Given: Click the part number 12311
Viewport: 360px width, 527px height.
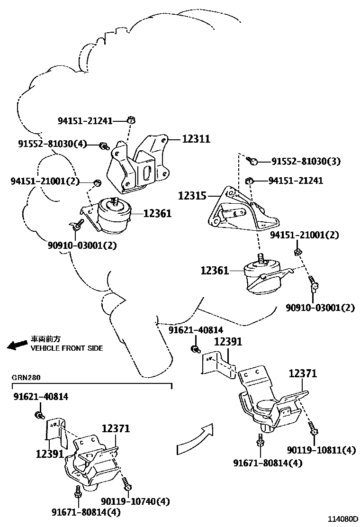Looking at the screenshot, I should coord(196,139).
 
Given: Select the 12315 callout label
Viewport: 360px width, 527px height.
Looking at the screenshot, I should coord(192,195).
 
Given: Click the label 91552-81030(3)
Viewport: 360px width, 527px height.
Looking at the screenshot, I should coord(306,162).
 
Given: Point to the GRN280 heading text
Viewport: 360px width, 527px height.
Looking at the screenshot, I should coord(26,378).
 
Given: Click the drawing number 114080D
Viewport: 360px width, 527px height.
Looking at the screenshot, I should coord(340,519).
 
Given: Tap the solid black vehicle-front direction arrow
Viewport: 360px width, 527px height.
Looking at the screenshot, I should coord(17,344).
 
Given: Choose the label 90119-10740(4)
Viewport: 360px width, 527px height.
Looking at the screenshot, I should coord(135,501).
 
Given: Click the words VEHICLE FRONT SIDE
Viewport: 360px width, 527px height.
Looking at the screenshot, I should coord(67,348).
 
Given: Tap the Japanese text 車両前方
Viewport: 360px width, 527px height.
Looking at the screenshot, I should coord(46,339).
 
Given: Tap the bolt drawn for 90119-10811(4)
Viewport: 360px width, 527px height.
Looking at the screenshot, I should coord(313,428).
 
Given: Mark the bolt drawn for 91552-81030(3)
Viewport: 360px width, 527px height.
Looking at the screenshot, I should coord(253,162).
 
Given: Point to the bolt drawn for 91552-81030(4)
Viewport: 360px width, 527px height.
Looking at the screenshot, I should coord(103,146).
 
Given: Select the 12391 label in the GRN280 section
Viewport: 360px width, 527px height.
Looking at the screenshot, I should coord(49,454).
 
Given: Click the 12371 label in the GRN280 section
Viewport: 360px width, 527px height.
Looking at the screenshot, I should coord(116,429).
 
